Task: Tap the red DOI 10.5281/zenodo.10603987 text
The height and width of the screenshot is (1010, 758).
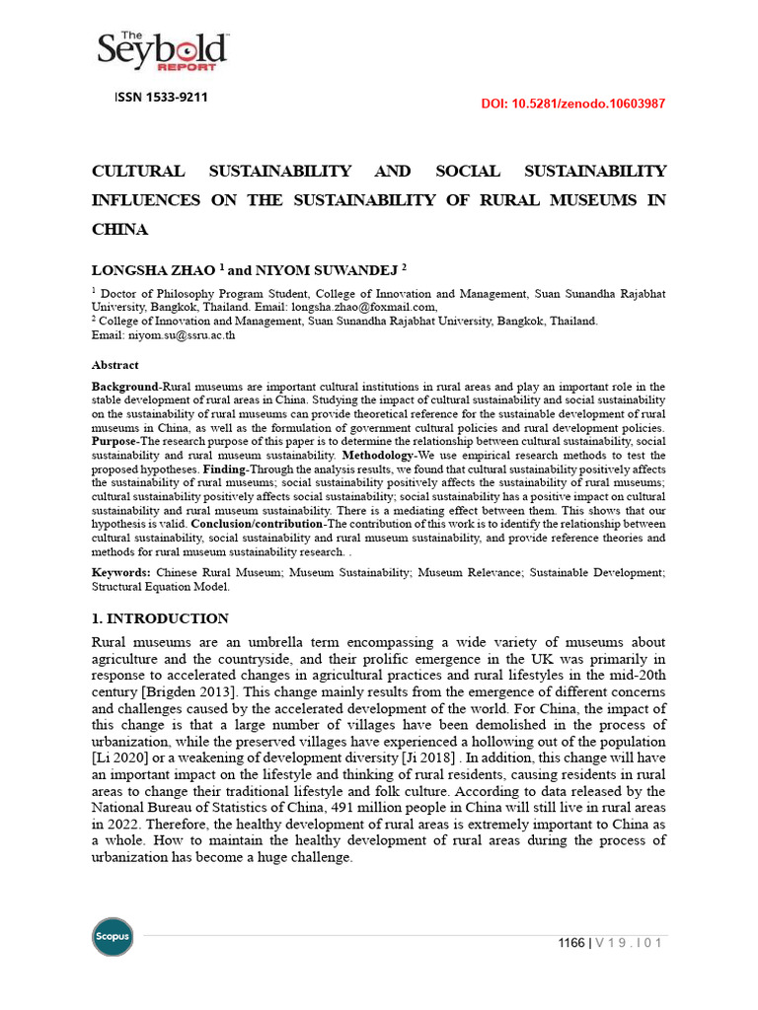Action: coord(572,104)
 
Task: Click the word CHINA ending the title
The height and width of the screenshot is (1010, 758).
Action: coord(119,229)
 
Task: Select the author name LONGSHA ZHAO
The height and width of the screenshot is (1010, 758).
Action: coord(153,267)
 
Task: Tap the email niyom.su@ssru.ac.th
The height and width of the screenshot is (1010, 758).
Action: coord(182,334)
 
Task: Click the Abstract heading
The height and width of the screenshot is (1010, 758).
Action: coord(115,364)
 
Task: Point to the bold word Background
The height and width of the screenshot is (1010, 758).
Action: coord(125,386)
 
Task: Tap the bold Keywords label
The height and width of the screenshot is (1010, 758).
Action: coord(121,572)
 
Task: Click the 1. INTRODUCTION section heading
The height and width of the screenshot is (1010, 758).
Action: coord(160,618)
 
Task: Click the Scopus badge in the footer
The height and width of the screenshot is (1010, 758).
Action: coord(112,936)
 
